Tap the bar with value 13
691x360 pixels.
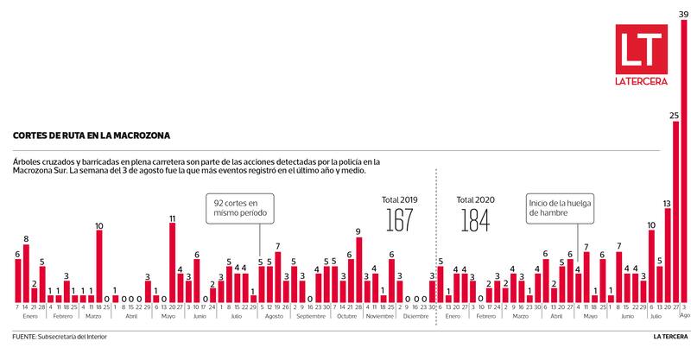pos(667,255)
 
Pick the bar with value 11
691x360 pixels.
pos(173,262)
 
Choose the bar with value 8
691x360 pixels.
pos(26,273)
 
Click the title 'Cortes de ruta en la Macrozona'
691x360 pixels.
pos(91,136)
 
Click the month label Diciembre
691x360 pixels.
pos(415,317)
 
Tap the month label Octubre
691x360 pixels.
pos(345,317)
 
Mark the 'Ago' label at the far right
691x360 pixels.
pos(684,317)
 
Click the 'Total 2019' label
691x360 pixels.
pos(399,199)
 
